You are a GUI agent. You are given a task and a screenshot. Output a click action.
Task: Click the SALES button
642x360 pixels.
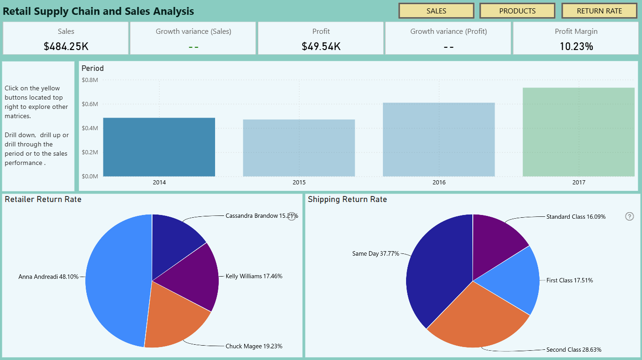436,11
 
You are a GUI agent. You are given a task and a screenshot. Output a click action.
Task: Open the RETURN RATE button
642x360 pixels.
599,11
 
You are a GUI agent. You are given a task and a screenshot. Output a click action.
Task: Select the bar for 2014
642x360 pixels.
159,147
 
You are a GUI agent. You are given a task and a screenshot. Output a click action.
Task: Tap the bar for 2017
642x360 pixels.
578,132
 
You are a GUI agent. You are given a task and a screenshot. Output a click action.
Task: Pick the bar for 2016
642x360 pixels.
439,139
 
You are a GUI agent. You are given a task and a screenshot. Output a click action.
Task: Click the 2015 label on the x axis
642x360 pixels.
299,183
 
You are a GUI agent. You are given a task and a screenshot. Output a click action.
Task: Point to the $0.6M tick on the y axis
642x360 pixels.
90,104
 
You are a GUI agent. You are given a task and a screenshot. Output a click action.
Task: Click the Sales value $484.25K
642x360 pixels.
66,46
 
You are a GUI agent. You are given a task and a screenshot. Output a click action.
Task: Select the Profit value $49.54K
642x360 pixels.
321,46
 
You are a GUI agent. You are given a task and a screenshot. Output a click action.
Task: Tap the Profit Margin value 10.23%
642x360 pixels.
576,46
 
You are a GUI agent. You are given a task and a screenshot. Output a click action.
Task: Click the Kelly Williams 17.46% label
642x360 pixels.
254,276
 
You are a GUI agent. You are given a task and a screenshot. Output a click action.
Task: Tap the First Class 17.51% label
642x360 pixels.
570,280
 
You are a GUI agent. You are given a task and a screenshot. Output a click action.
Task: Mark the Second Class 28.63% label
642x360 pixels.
574,350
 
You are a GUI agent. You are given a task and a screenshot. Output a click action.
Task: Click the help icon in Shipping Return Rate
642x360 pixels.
629,216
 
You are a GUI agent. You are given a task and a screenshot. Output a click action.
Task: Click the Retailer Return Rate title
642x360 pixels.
43,199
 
